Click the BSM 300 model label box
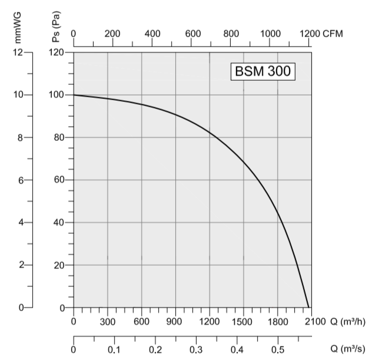pyautogui.click(x=261, y=72)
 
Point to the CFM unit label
pyautogui.click(x=333, y=34)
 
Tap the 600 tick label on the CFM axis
pyautogui.click(x=193, y=34)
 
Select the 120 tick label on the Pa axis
pyautogui.click(x=56, y=52)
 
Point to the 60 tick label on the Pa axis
pyautogui.click(x=58, y=180)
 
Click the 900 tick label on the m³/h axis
pyautogui.click(x=175, y=321)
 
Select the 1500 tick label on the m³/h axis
pyautogui.click(x=244, y=321)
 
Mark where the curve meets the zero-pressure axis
pyautogui.click(x=308, y=308)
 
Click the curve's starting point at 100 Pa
pyautogui.click(x=74, y=95)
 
